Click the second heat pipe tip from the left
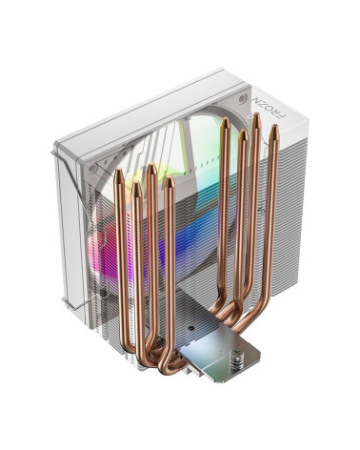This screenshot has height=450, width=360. click(136, 187)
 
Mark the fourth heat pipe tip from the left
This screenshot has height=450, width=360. click(170, 181)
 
